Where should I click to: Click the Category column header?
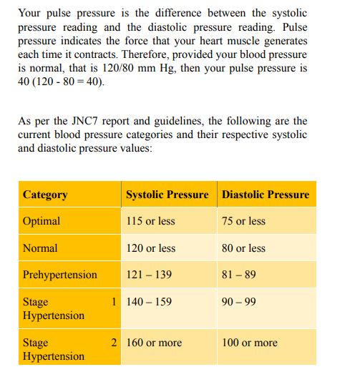[45, 195]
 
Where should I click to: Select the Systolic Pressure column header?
[167, 195]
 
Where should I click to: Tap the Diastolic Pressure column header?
[266, 195]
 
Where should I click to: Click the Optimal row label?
[42, 221]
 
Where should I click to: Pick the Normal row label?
[40, 248]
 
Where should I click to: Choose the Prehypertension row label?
[60, 275]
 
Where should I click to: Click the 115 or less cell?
[150, 221]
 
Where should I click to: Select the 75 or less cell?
[243, 221]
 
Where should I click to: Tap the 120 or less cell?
[150, 248]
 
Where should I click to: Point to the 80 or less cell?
[243, 248]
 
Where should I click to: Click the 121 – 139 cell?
[149, 275]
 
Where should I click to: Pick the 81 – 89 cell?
[239, 275]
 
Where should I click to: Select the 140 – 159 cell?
[149, 302]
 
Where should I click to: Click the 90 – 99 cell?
[239, 302]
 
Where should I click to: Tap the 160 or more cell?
[154, 343]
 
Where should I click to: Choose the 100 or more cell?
[250, 343]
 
